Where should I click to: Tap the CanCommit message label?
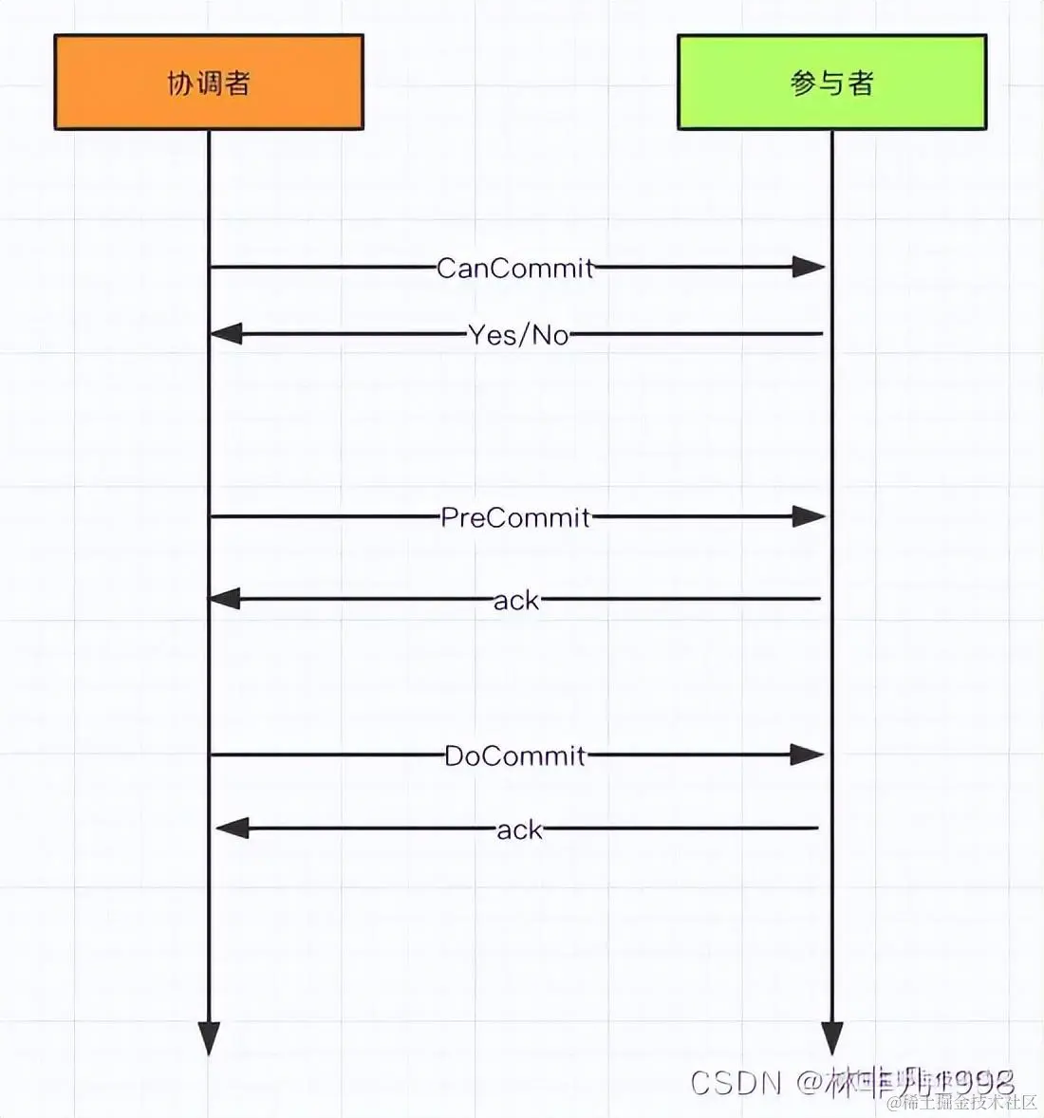coord(515,268)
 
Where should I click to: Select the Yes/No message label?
coord(518,334)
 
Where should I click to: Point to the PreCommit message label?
coord(515,517)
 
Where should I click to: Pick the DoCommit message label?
coord(515,755)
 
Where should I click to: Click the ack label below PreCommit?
coord(516,600)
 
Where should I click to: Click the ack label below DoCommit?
coord(520,829)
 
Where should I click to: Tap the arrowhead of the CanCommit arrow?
coord(809,268)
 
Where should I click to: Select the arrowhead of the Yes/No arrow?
coord(226,334)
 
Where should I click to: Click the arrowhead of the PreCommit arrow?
coord(809,517)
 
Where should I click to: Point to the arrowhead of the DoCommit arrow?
coord(807,755)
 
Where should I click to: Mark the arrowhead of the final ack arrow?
coord(233,829)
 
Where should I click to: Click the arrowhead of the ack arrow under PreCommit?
coord(225,599)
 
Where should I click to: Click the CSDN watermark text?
coord(736,1083)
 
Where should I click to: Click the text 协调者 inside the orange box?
coord(209,84)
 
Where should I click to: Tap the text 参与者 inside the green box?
coord(832,84)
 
